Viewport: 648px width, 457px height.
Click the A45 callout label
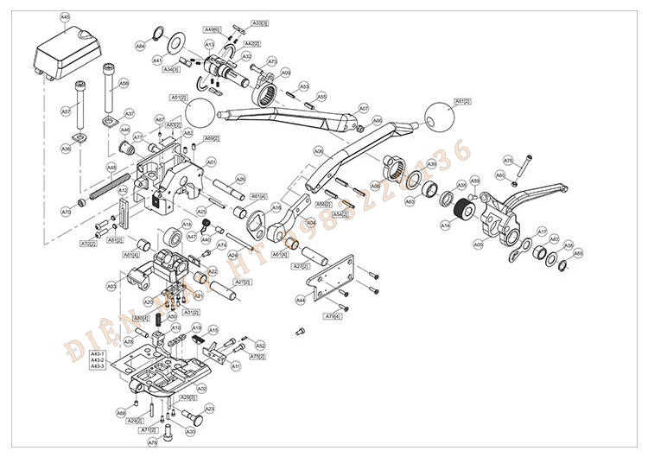[66, 17]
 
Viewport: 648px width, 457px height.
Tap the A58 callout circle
[124, 84]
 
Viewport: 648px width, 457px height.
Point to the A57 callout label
[66, 111]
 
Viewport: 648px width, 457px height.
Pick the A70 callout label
[67, 212]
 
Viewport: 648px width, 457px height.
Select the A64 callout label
[141, 46]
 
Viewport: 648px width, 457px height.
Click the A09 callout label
[285, 73]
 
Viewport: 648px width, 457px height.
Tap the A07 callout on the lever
[364, 109]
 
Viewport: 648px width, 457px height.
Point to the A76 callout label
[508, 160]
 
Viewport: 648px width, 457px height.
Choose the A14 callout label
[446, 225]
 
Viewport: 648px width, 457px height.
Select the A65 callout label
[578, 253]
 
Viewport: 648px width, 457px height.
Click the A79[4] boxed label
[333, 317]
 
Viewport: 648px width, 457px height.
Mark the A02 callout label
[201, 389]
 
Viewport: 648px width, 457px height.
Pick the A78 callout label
[153, 441]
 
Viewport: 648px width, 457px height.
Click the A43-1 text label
[98, 354]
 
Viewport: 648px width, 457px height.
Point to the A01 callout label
[212, 162]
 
